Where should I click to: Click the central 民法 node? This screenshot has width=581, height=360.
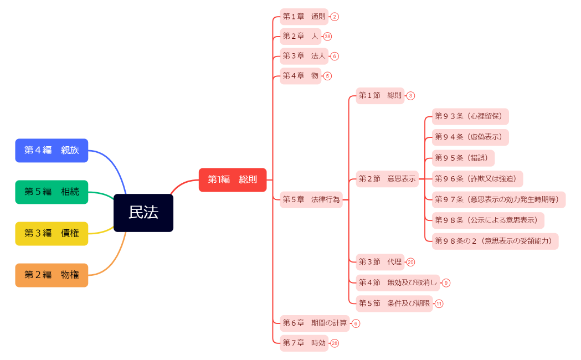(143, 213)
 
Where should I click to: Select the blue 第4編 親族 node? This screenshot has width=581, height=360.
(52, 150)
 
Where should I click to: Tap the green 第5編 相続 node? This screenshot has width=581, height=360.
(52, 192)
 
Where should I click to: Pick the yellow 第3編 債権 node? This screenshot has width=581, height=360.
(52, 233)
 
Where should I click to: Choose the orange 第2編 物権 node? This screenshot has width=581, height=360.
(52, 275)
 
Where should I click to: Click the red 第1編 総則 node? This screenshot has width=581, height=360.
(233, 179)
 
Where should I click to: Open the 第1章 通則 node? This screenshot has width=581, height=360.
(304, 17)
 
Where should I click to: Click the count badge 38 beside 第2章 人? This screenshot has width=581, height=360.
(327, 37)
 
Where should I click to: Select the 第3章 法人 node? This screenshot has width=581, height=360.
(304, 56)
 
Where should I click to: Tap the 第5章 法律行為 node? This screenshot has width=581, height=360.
(311, 199)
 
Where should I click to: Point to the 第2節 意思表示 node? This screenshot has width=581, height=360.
(387, 179)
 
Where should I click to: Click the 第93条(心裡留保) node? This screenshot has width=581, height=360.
(470, 116)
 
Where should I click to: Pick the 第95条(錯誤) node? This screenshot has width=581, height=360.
(463, 158)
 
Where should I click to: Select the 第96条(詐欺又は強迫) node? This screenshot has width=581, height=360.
(477, 179)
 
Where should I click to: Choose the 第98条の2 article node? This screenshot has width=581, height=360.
(495, 241)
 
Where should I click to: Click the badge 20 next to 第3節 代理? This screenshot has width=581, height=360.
(410, 262)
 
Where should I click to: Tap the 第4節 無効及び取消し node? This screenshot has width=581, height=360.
(397, 282)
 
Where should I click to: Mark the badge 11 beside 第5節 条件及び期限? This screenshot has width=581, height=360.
(439, 304)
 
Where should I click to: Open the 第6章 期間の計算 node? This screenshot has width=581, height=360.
(315, 323)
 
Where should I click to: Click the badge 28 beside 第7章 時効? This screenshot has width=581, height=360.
(334, 343)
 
